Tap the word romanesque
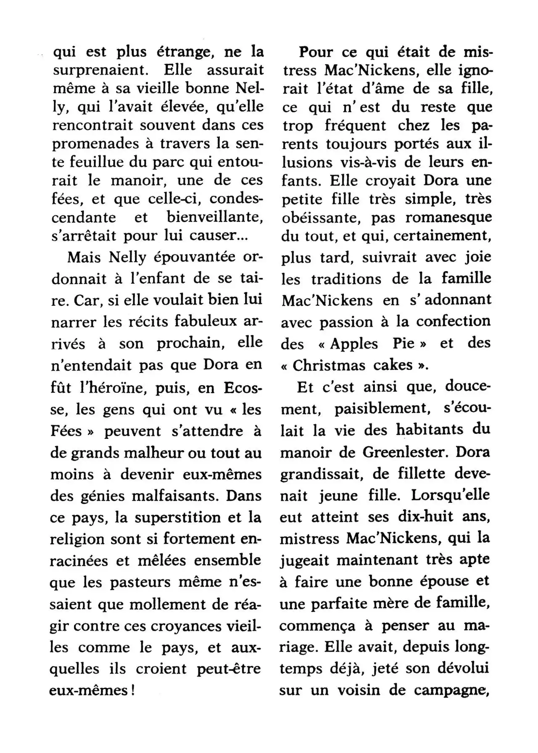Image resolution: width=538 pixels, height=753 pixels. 448,217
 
